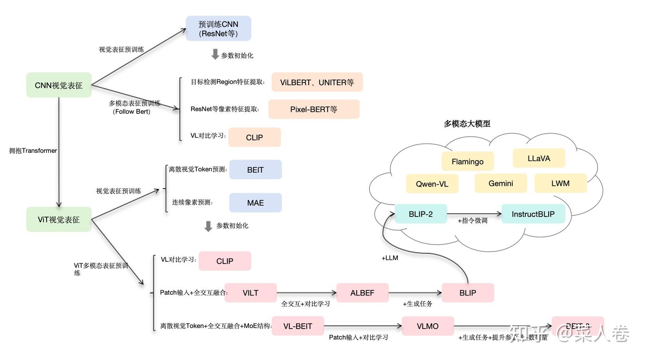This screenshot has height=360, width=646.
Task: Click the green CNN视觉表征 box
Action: [x=59, y=85]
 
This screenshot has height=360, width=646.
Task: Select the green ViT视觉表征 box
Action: [x=59, y=220]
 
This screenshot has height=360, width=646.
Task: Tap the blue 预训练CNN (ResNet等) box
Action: [x=218, y=29]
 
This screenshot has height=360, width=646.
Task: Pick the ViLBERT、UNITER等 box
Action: [x=317, y=82]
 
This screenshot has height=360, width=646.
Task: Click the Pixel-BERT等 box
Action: [x=314, y=109]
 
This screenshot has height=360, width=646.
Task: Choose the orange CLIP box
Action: [x=254, y=138]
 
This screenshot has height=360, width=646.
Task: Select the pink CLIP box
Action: [x=225, y=261]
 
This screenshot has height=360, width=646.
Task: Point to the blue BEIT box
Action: [x=255, y=170]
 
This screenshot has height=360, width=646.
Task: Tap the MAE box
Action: [x=255, y=203]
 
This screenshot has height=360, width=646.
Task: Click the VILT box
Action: [x=250, y=293]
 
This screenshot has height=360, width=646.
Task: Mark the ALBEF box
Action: [x=362, y=293]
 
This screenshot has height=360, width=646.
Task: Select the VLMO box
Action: [x=428, y=326]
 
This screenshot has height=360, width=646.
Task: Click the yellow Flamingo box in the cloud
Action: [x=467, y=161]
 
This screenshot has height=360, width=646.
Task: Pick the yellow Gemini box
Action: [x=501, y=183]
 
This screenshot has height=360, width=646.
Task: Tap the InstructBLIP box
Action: [x=533, y=214]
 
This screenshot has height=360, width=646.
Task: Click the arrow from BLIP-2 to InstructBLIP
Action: [x=474, y=214]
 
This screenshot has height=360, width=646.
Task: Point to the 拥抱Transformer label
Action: [x=33, y=151]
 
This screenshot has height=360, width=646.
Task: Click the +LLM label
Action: [x=390, y=258]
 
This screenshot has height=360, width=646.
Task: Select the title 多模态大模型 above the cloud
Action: [x=467, y=124]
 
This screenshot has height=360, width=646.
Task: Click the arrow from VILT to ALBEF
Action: [x=306, y=293]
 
